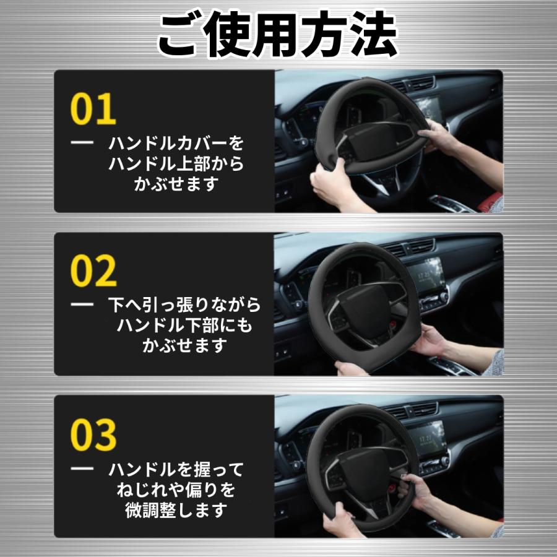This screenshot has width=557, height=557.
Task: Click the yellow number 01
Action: pyautogui.click(x=93, y=109)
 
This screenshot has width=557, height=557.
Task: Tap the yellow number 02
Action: pyautogui.click(x=93, y=271)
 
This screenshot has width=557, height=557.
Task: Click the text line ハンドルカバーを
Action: pyautogui.click(x=176, y=144)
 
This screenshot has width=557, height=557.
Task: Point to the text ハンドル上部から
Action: pyautogui.click(x=176, y=164)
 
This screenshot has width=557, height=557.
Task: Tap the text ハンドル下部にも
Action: pyautogui.click(x=184, y=326)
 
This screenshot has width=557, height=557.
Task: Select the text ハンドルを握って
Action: pyautogui.click(x=176, y=469)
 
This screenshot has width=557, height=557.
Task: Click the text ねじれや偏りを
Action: pyautogui.click(x=176, y=490)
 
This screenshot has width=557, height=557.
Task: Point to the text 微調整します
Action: pyautogui.click(x=176, y=510)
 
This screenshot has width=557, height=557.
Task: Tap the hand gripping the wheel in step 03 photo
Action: pyautogui.click(x=418, y=489)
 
